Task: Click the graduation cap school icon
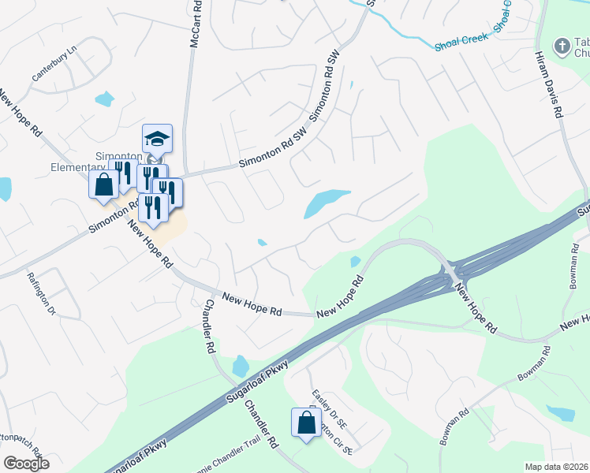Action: [x=156, y=140]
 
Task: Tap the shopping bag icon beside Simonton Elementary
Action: [x=103, y=184]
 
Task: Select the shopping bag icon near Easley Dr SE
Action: [x=305, y=422]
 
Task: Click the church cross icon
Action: [x=562, y=47]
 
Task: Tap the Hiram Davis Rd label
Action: [x=549, y=87]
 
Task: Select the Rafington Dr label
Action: [x=42, y=293]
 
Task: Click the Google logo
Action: [x=26, y=464]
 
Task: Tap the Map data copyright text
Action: [x=557, y=467]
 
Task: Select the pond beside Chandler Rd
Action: [x=241, y=366]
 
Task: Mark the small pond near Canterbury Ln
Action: [x=104, y=99]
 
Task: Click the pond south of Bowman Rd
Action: [x=561, y=413]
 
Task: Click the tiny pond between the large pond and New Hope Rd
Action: [x=262, y=242]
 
